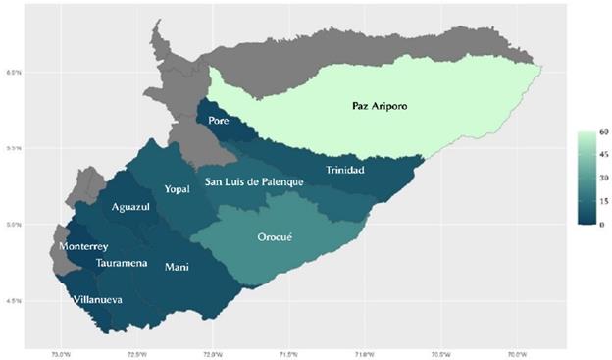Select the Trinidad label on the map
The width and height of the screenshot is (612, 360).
click(344, 171)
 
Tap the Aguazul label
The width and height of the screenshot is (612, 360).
click(128, 208)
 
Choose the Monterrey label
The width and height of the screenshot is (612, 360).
click(83, 246)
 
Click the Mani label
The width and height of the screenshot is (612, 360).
click(177, 267)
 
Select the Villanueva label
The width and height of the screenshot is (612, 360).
click(98, 299)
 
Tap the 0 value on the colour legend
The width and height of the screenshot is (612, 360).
click(592, 224)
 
